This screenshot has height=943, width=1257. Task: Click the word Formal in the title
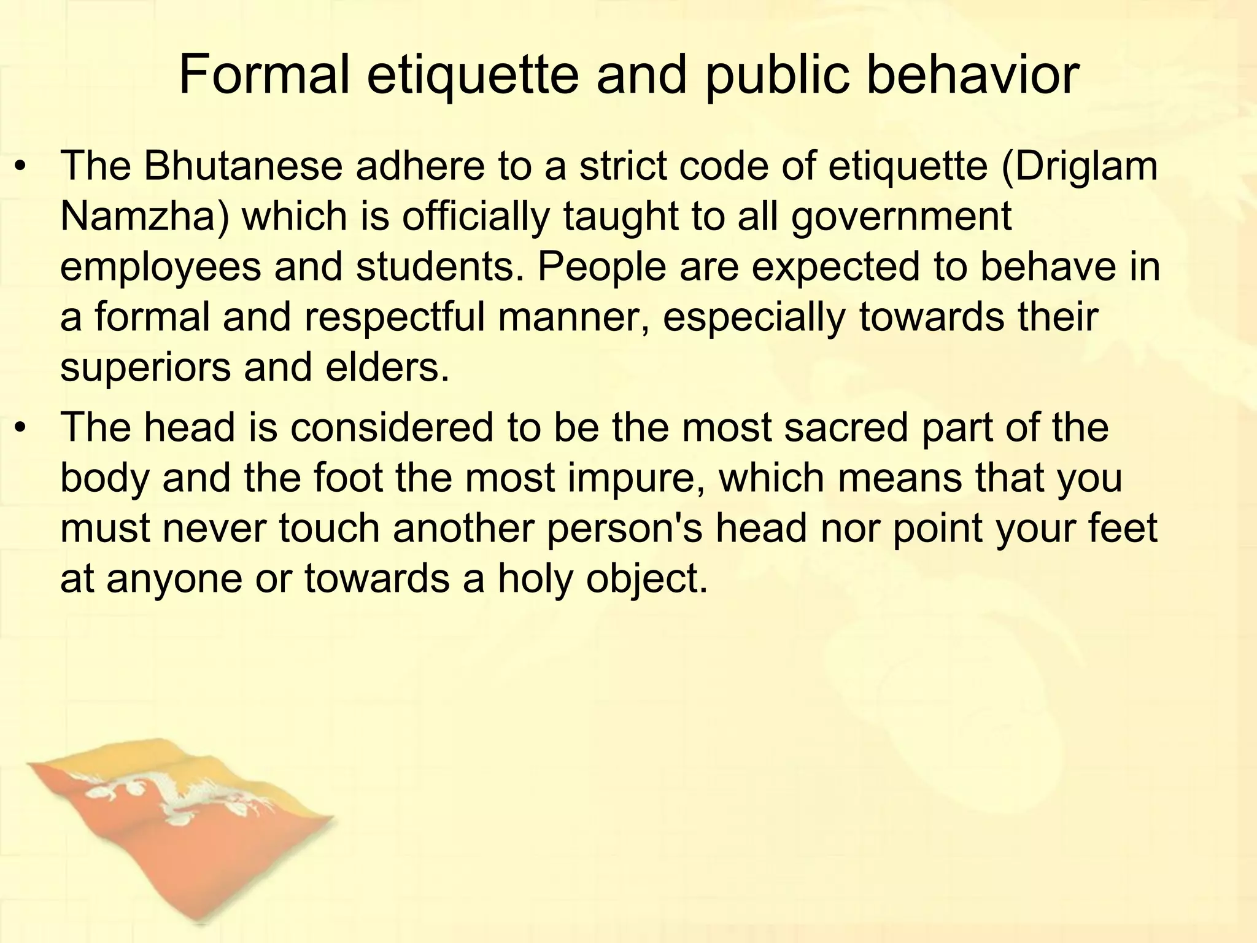264,76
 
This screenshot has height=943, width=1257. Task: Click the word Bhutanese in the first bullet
242,166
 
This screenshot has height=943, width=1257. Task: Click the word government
901,217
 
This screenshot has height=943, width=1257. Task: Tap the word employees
160,268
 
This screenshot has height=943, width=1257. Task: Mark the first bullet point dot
22,167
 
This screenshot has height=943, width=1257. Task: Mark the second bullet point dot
22,428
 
